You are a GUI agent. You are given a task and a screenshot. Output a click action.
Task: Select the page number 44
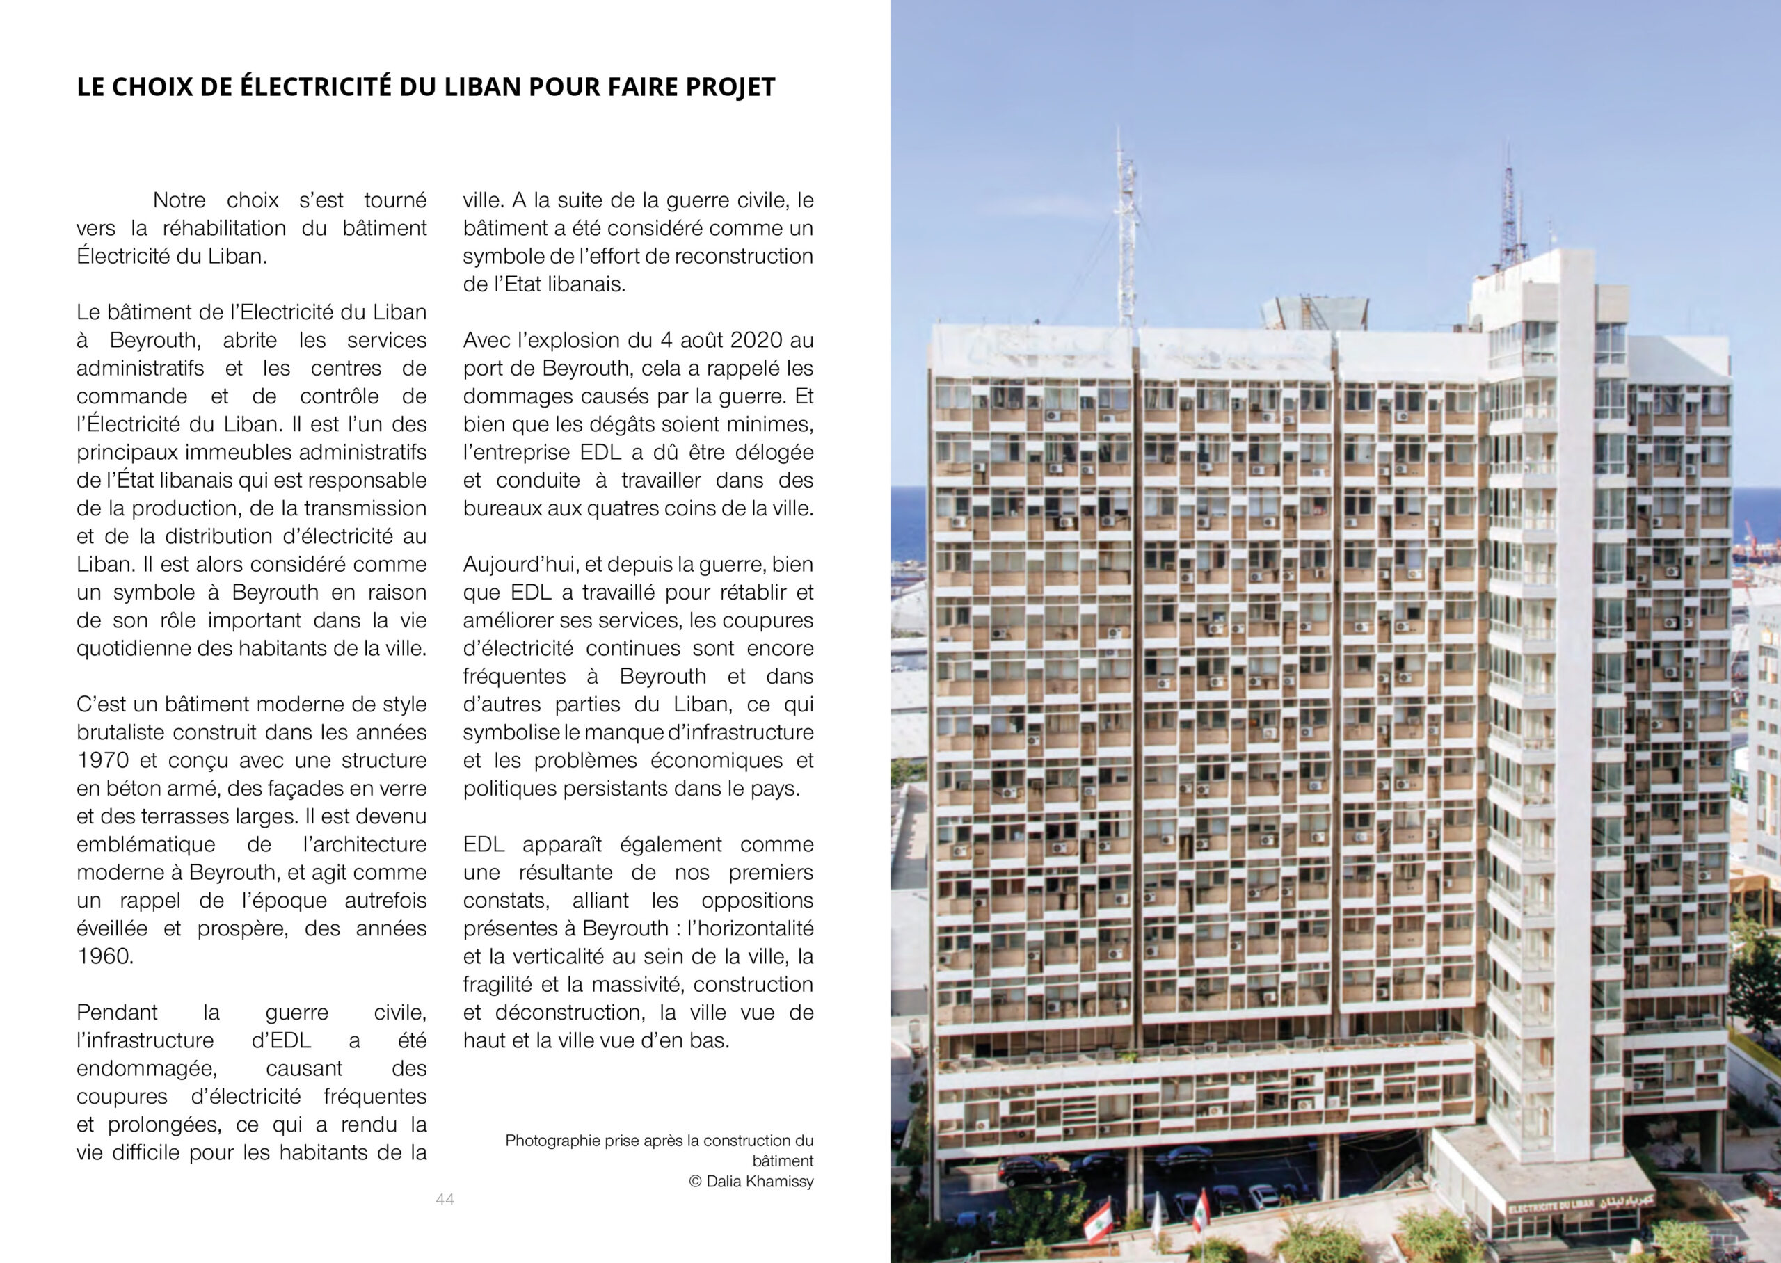(445, 1199)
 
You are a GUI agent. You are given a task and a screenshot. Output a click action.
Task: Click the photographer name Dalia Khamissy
(760, 1182)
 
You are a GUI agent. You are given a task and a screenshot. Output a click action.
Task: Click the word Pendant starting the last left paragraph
(117, 1013)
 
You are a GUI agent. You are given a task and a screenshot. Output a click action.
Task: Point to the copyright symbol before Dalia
(695, 1182)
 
